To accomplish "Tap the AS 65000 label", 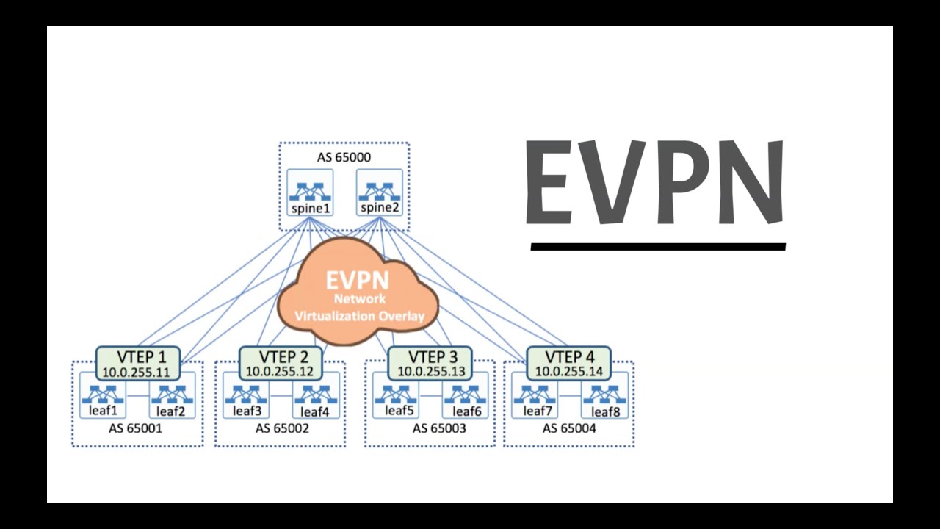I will click(x=344, y=157).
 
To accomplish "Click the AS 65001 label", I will click(x=136, y=428).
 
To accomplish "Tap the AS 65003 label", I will click(x=438, y=428).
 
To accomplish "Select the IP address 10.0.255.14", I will click(x=569, y=371).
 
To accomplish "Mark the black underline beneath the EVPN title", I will click(x=658, y=247).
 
